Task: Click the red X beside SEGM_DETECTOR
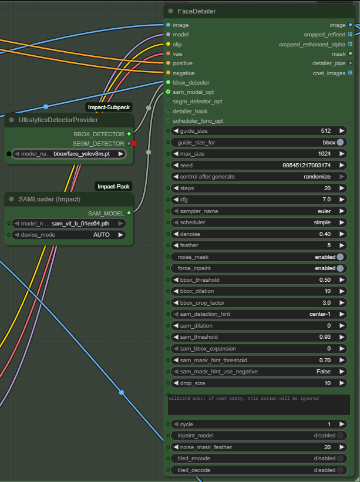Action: coord(134,143)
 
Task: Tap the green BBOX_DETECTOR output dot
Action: coord(129,134)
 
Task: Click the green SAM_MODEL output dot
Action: coord(129,213)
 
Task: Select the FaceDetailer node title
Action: coord(196,11)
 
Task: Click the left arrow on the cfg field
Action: coord(175,200)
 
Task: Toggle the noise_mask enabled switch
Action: coord(340,257)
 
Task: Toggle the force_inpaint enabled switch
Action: coord(340,268)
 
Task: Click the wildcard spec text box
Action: coord(258,405)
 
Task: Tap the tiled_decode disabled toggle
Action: coord(340,470)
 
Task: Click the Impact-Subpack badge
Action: coord(109,107)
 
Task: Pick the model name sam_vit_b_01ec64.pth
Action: coord(80,224)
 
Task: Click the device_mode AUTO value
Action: coord(101,235)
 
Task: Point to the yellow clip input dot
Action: coord(168,44)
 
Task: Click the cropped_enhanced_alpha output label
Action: coord(312,45)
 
